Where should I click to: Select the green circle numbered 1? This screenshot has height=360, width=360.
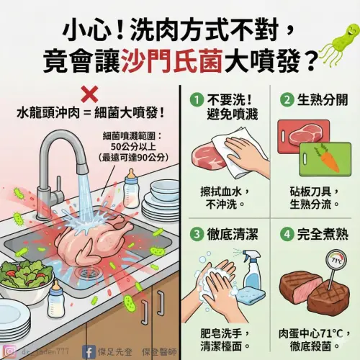(194, 99)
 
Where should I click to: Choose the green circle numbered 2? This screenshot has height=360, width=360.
(285, 99)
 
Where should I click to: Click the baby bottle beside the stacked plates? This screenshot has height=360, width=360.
(132, 188)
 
